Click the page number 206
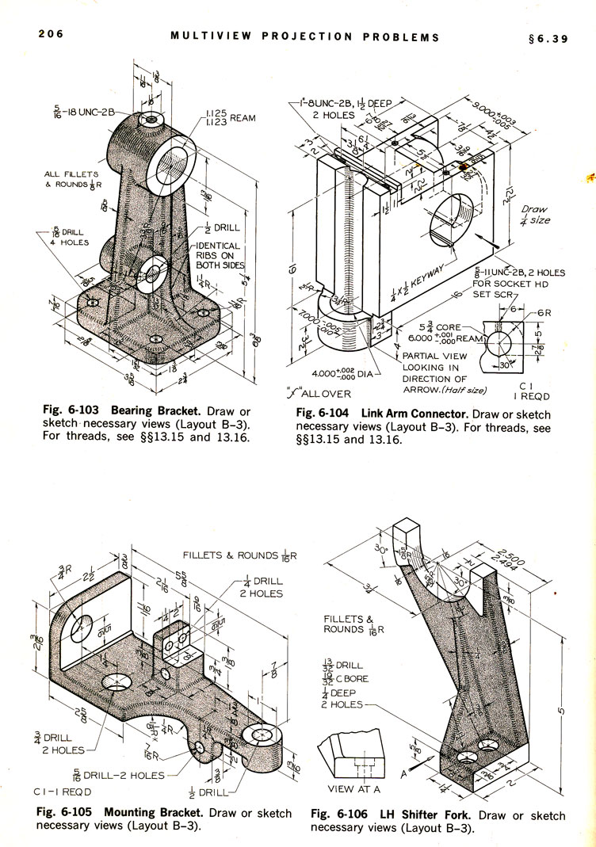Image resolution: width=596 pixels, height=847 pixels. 49,34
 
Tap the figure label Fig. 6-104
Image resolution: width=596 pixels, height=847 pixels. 325,414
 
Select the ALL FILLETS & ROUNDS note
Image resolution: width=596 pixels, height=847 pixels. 71,179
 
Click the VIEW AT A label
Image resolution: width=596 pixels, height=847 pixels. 353,788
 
